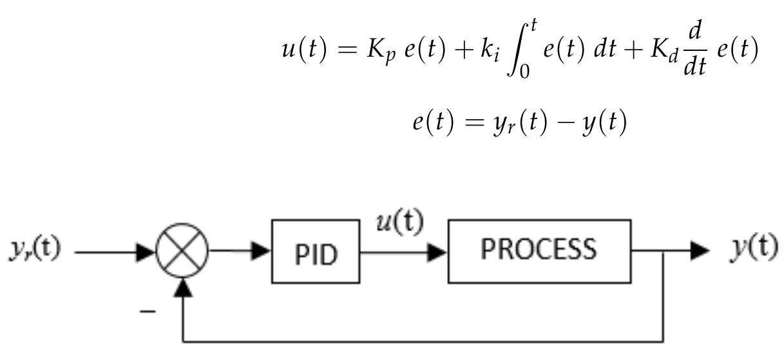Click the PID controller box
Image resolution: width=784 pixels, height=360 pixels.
pyautogui.click(x=316, y=252)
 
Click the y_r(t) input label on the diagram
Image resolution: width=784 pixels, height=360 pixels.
pyautogui.click(x=35, y=250)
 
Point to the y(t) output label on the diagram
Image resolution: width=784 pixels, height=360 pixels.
pyautogui.click(x=753, y=249)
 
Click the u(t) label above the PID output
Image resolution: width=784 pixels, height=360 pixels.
pyautogui.click(x=399, y=223)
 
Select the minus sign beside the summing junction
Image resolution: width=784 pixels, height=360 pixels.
pyautogui.click(x=148, y=310)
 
